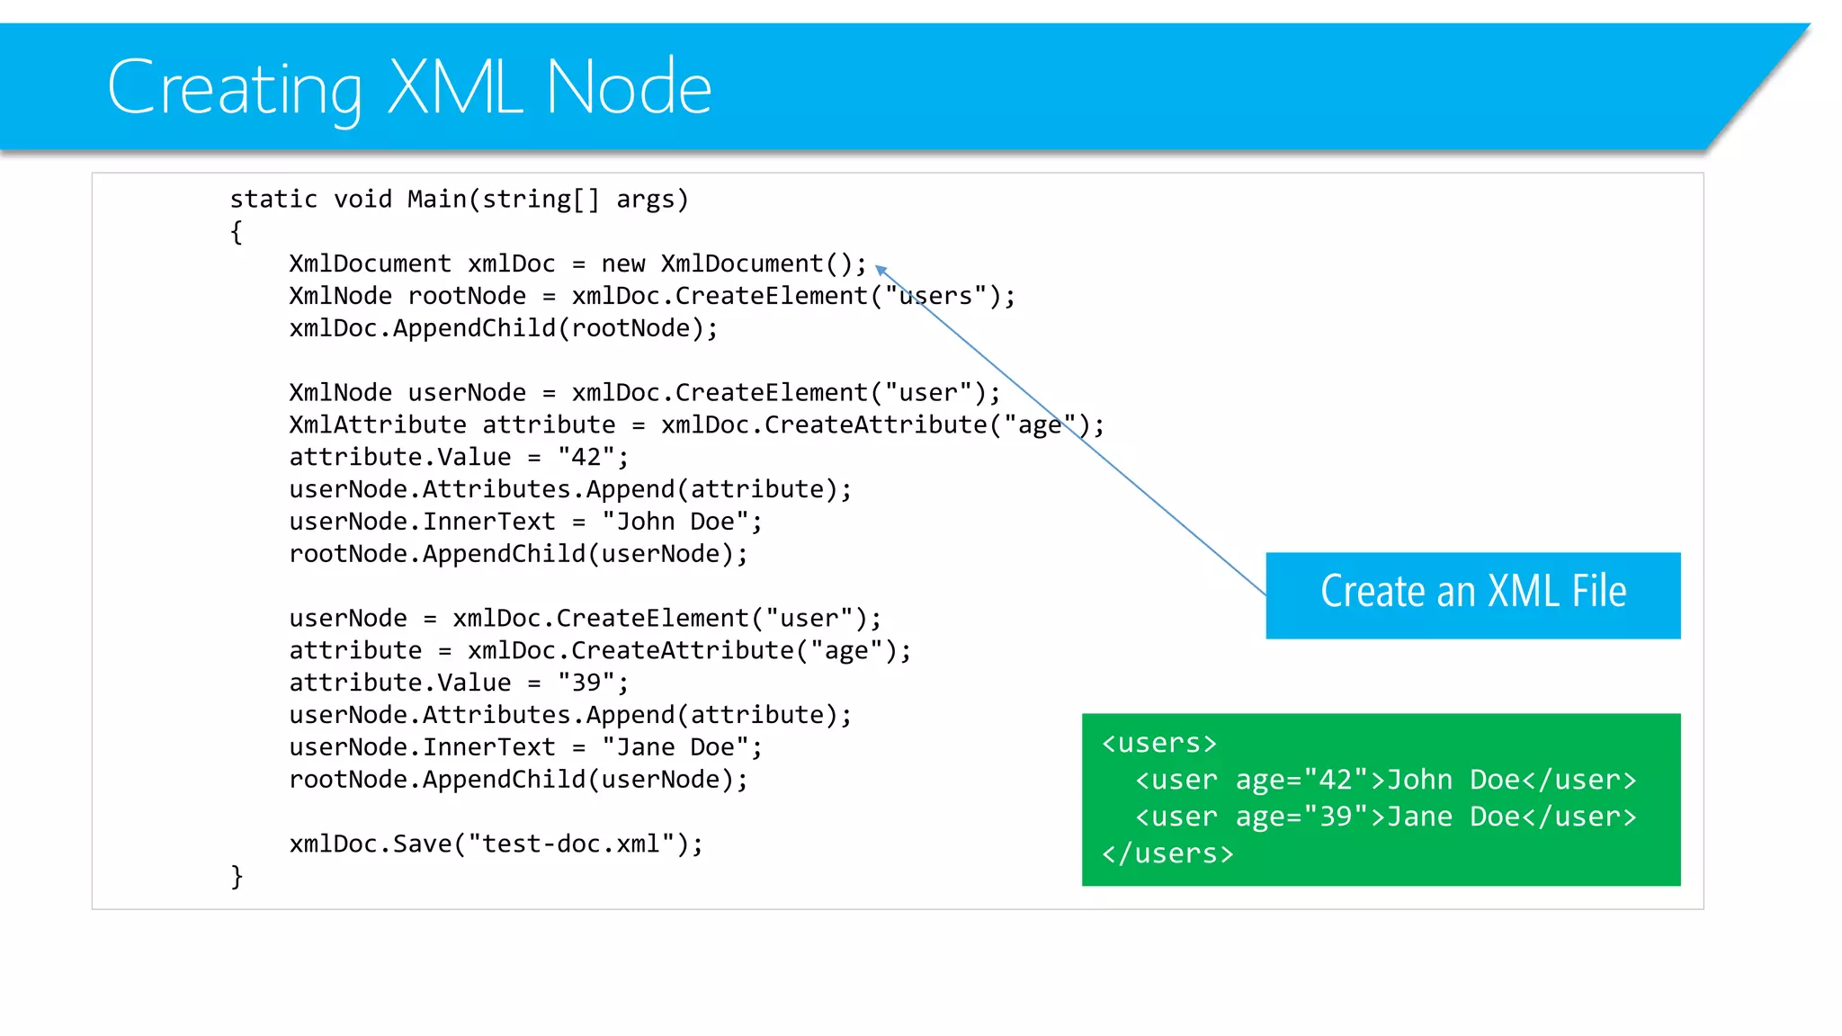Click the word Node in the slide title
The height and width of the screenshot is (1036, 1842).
(629, 87)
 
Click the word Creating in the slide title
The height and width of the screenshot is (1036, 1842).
(234, 87)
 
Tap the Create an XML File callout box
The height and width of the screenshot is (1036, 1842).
(1472, 594)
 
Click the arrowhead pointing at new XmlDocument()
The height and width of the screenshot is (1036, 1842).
(881, 269)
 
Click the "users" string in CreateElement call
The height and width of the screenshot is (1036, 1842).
(935, 296)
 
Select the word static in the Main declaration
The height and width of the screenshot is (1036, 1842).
(273, 199)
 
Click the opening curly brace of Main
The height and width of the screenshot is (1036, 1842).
(237, 232)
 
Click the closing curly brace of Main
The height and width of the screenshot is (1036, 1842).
(237, 876)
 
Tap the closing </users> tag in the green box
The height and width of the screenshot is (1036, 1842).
(1167, 853)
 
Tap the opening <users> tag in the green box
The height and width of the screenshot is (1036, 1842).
(1159, 744)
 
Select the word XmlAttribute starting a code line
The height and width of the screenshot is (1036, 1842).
(378, 424)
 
